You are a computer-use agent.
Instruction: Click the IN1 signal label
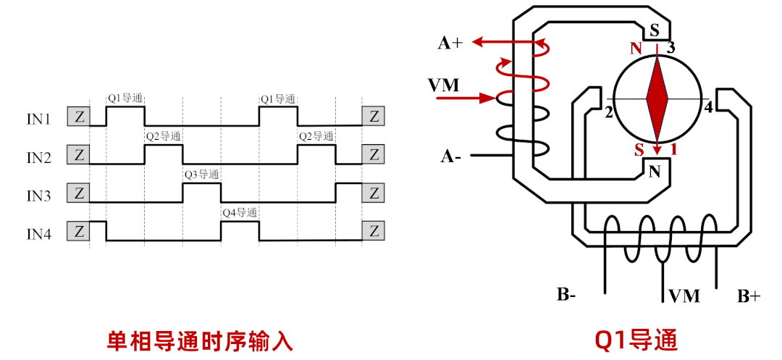pos(38,117)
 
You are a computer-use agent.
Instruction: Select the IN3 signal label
pos(38,195)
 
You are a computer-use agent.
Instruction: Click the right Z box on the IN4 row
pos(374,232)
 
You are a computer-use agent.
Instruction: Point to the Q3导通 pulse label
pos(201,175)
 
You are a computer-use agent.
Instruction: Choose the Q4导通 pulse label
pos(240,213)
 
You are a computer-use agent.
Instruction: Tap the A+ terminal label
pos(450,43)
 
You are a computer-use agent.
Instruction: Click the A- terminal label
pos(450,156)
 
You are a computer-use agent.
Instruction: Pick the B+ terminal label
pos(748,296)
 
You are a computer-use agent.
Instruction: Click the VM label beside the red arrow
pos(444,85)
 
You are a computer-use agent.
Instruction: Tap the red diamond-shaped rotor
pos(657,99)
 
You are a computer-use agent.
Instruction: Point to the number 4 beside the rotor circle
pos(708,109)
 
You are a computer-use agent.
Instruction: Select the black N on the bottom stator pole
pos(655,172)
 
